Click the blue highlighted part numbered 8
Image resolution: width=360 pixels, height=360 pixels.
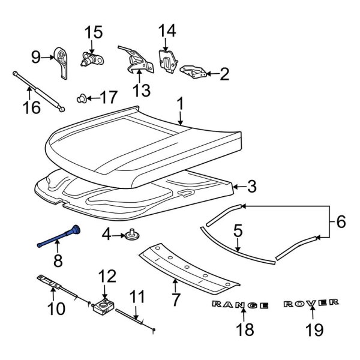pos(59,237)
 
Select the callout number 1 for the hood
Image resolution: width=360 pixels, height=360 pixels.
pos(179,104)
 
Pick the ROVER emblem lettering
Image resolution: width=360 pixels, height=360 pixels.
pos(311,303)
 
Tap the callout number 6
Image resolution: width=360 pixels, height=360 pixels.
pos(340,221)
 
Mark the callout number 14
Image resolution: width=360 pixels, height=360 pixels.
pos(167,31)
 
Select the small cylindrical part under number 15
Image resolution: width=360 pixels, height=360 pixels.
pos(92,58)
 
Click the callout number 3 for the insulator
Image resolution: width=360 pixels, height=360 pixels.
pos(251,187)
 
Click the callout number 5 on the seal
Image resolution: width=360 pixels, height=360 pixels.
pos(238,229)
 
